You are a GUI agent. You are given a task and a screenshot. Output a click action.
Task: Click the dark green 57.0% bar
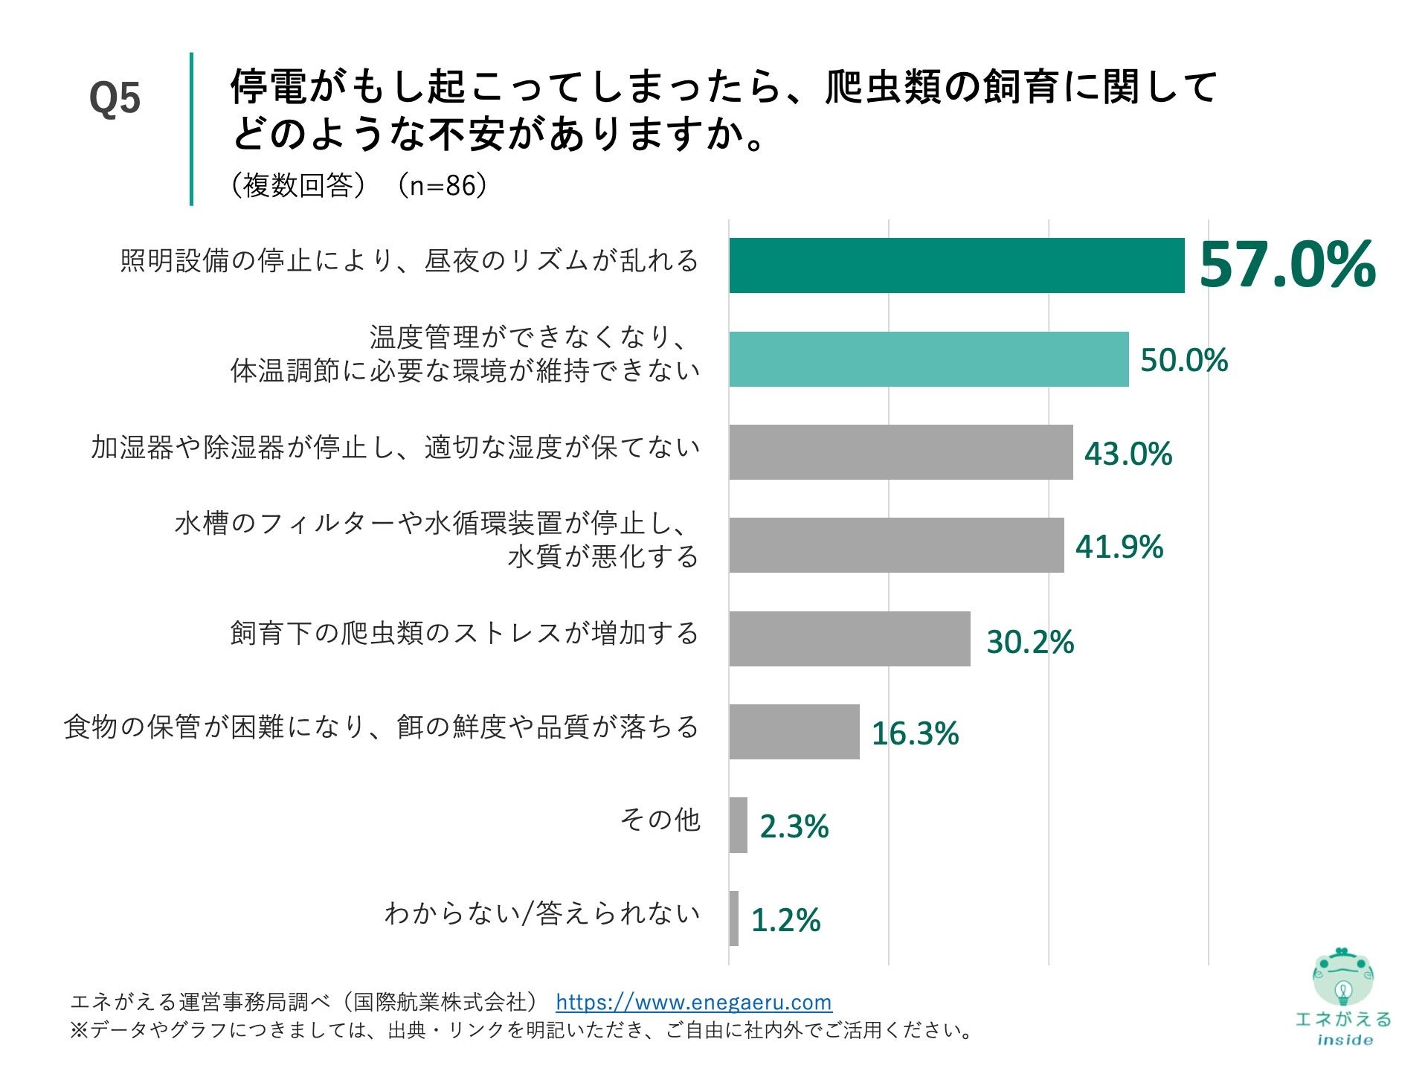coord(956,266)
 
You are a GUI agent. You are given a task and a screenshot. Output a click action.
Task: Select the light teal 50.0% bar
coord(928,359)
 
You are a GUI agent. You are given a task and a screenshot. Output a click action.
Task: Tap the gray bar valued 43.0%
coord(900,452)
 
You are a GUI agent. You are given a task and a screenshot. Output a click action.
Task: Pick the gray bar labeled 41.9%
coord(896,545)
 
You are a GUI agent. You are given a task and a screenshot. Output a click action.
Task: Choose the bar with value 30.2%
coord(849,639)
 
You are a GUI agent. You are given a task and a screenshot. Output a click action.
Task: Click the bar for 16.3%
coord(794,732)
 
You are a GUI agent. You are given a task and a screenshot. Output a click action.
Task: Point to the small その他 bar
coord(738,825)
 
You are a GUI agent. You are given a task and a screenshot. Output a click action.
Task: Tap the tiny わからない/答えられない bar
coord(734,919)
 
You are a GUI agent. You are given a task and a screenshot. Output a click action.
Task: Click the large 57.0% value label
coord(1287,266)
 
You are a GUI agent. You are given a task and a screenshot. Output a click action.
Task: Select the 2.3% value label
coord(794,826)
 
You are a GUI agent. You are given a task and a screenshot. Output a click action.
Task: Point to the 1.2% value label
coord(785,920)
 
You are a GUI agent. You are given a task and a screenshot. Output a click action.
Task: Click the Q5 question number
coord(115,98)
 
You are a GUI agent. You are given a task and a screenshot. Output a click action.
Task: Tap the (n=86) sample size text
coord(442,185)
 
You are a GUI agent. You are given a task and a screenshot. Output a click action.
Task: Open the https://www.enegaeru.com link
coord(693,1002)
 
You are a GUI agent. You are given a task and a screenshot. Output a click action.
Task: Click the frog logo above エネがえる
coord(1342,977)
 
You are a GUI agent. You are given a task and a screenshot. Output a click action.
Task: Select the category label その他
coord(660,820)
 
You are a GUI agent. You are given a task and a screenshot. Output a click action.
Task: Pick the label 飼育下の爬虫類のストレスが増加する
coord(464,634)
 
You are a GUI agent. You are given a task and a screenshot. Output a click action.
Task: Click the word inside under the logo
coord(1345,1040)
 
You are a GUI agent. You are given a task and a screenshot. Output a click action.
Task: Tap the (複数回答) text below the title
coord(297,185)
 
